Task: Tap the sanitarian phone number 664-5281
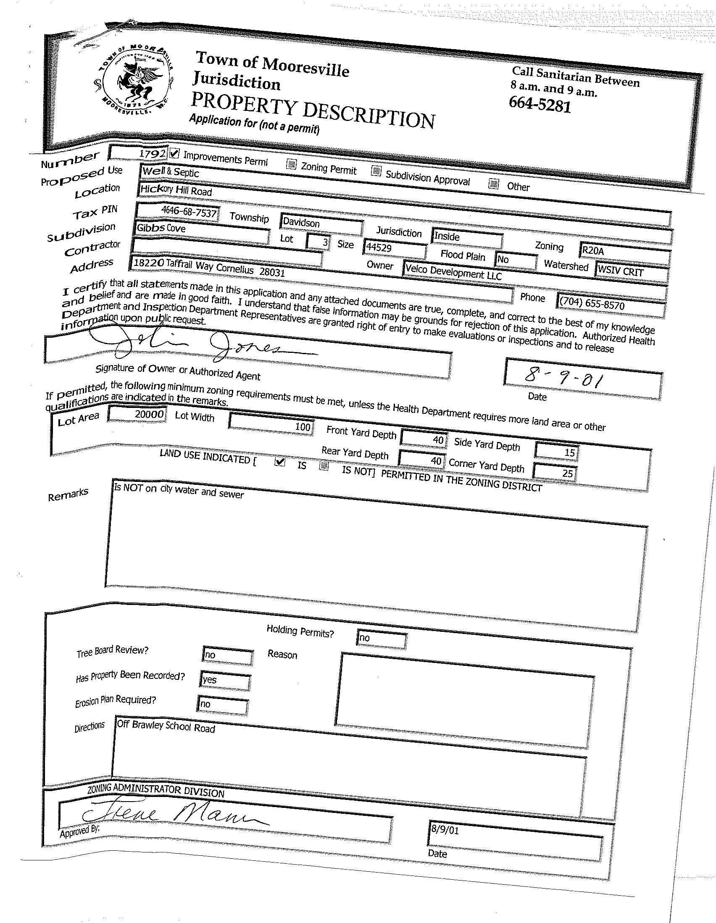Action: (540, 104)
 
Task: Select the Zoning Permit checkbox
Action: (291, 164)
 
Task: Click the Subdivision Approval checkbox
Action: (376, 171)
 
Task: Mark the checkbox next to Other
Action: (493, 184)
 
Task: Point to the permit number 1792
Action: (152, 153)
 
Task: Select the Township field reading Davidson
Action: (301, 222)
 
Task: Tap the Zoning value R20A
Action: (592, 251)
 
